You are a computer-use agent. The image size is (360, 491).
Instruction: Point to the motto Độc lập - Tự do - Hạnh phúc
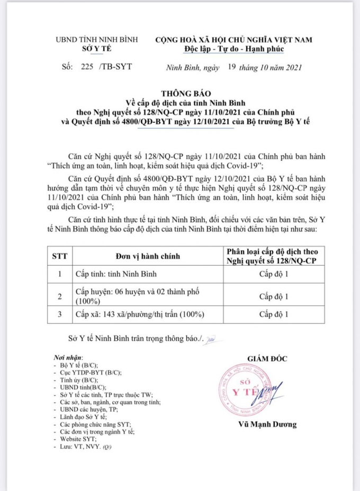tap(233, 49)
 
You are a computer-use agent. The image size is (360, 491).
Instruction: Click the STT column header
tap(60, 256)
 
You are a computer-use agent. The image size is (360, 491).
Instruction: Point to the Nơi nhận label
tap(69, 358)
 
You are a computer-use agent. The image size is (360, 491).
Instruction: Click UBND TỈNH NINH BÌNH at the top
tap(97, 40)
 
